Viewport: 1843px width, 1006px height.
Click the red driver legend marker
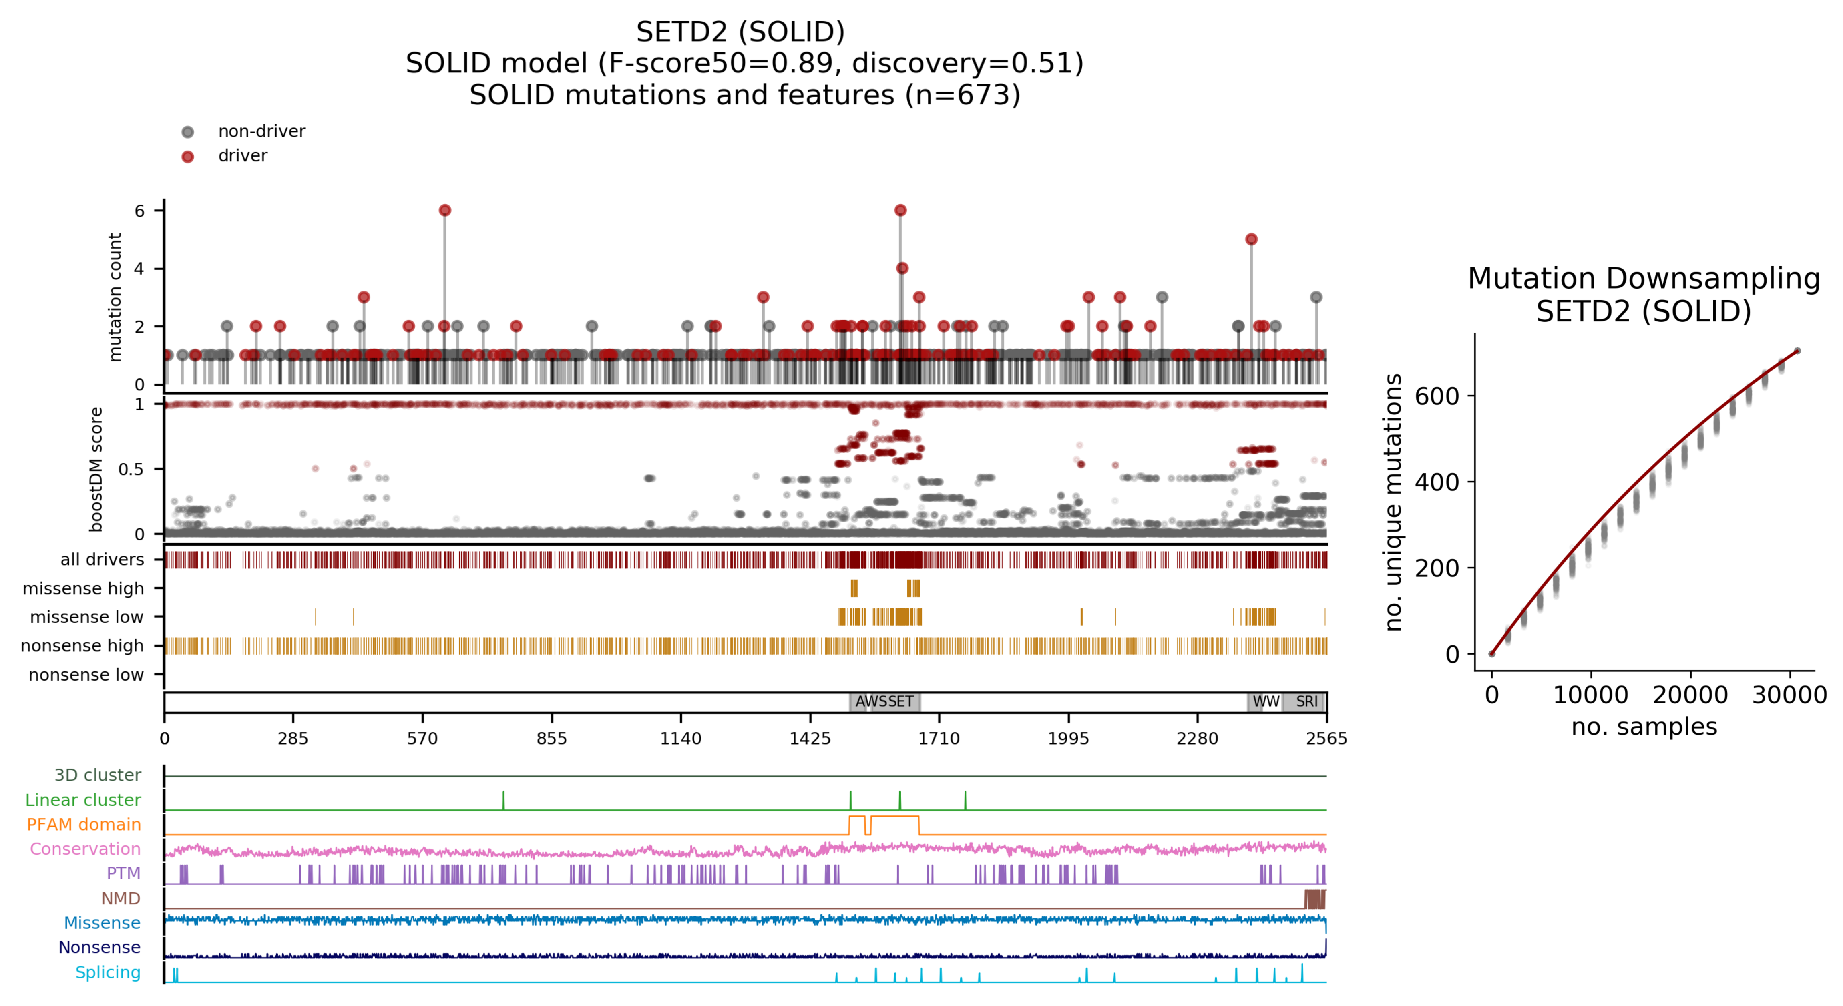point(187,157)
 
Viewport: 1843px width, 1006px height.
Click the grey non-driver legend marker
point(187,132)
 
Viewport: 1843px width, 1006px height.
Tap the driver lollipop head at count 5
point(1250,239)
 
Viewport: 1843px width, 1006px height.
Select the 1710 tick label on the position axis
point(939,739)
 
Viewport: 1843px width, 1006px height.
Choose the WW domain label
point(1265,702)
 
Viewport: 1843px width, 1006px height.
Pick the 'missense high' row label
point(83,589)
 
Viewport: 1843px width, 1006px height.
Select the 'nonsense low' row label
point(86,675)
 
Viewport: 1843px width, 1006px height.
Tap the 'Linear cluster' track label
point(83,800)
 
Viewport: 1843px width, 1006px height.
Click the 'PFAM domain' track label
point(84,824)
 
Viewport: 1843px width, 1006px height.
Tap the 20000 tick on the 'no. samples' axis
point(1690,695)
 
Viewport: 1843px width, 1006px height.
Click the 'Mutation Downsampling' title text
point(1643,278)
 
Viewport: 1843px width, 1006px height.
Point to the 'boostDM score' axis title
point(96,469)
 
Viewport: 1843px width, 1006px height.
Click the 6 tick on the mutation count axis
point(139,210)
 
